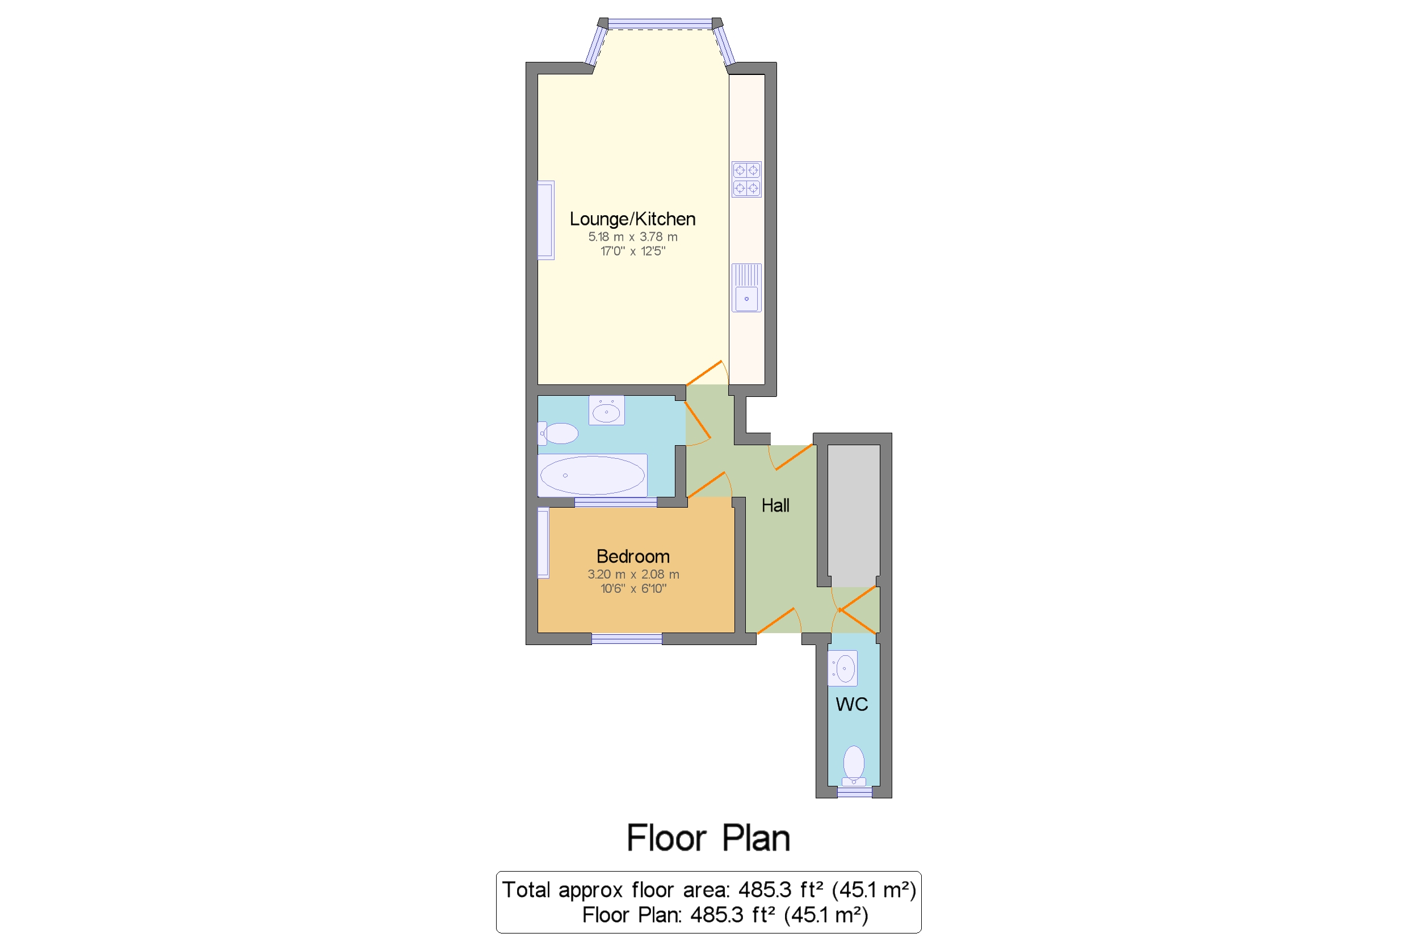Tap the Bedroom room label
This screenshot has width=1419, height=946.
[633, 556]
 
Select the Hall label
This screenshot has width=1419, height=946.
[775, 505]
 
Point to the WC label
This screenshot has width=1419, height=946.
[851, 704]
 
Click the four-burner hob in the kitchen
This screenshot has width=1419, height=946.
[746, 179]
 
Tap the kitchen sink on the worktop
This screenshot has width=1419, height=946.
[746, 288]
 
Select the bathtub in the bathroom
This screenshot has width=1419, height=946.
[592, 475]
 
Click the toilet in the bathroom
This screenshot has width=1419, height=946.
[558, 433]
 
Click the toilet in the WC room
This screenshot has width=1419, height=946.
[853, 765]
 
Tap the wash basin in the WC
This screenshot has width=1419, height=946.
[842, 668]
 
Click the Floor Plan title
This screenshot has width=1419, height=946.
[708, 838]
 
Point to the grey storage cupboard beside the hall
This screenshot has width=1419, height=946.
[853, 516]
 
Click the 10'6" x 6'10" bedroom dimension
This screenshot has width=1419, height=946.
[633, 589]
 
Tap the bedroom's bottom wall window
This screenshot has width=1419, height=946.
[627, 639]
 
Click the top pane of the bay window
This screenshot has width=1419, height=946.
[660, 24]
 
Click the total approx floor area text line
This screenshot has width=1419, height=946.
[709, 890]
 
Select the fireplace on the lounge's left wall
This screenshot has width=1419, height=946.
[546, 220]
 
